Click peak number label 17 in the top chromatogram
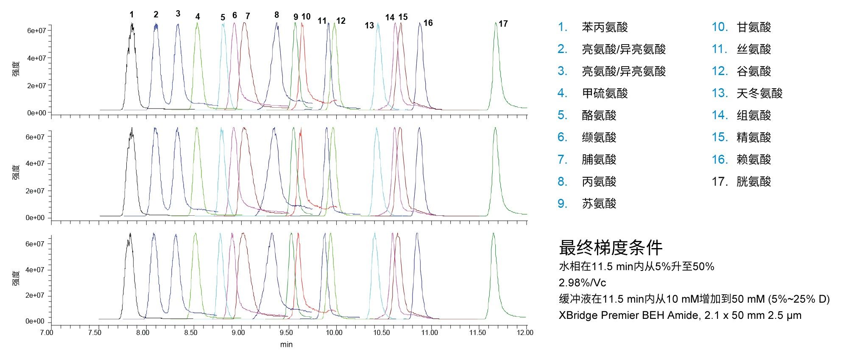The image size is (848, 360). coord(503,24)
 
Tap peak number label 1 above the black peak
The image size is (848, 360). coord(131,15)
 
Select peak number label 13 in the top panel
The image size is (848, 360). coord(369,25)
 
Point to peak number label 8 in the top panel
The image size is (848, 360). coord(276,15)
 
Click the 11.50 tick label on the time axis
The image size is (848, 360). coord(477,332)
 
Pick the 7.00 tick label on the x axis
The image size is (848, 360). coord(47,332)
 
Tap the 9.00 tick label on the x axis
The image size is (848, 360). coord(238,332)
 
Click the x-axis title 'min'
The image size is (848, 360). coord(286,344)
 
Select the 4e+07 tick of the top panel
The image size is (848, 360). coord(36,58)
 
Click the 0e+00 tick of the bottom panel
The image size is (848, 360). coord(35,321)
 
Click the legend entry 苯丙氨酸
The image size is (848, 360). coord(605,28)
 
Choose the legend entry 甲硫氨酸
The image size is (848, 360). coord(605,94)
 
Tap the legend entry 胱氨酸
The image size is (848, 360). coord(753,182)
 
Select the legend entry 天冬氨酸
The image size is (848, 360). coord(759,94)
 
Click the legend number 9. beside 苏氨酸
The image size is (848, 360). coord(563,204)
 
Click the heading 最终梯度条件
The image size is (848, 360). coord(610,248)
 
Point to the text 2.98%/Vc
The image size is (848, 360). coord(582,283)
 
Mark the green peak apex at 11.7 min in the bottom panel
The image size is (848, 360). coord(493,233)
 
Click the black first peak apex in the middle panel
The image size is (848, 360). coord(132,128)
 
